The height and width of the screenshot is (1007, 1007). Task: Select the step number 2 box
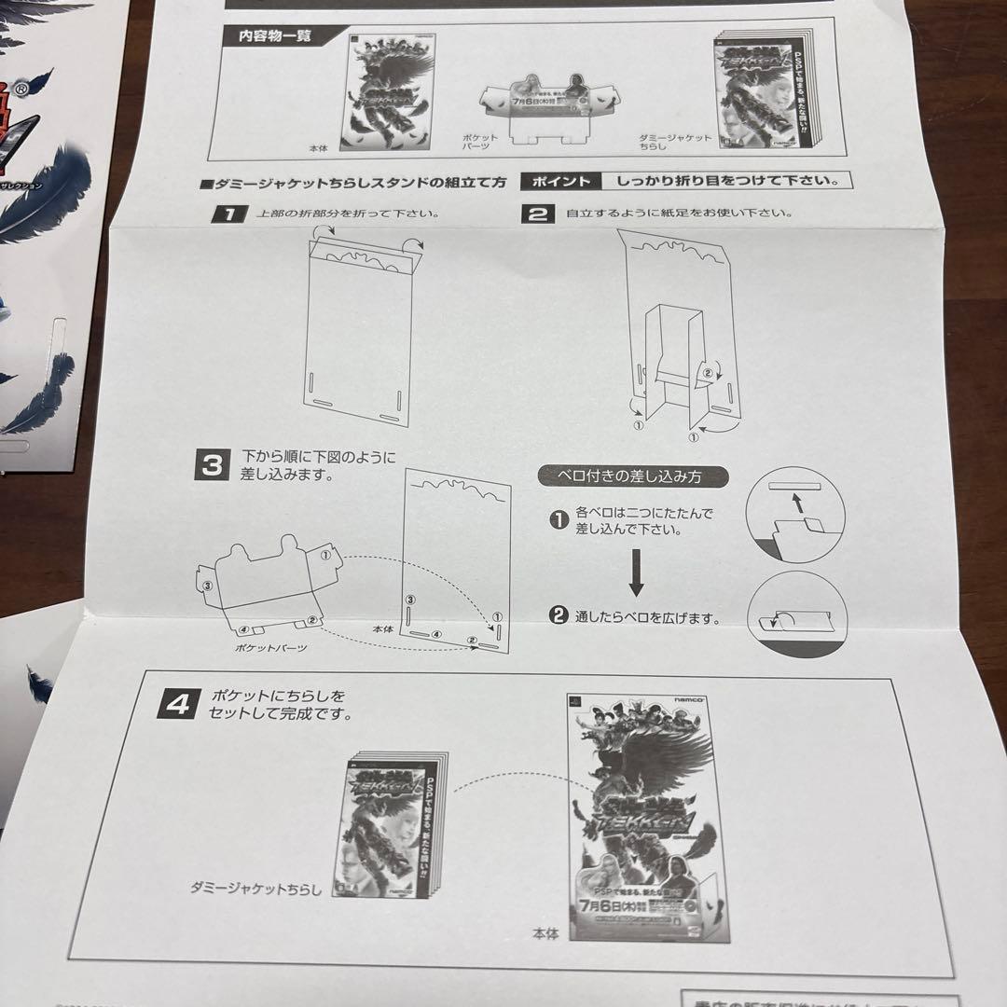[x=537, y=214]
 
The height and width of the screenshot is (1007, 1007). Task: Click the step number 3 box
[x=212, y=464]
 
